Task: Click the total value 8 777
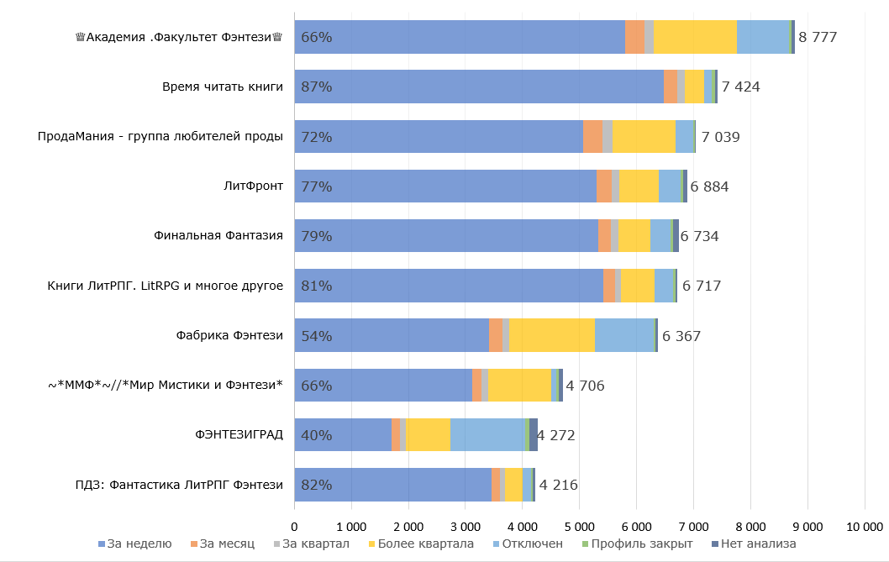coord(818,37)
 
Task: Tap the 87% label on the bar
coord(316,87)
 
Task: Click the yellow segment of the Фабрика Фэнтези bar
coord(551,335)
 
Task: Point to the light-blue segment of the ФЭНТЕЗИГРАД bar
coord(487,434)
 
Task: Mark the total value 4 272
coord(556,435)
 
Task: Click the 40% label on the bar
coord(316,435)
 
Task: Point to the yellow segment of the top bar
coord(695,37)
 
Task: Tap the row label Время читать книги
coord(223,87)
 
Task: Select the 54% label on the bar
coord(316,336)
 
